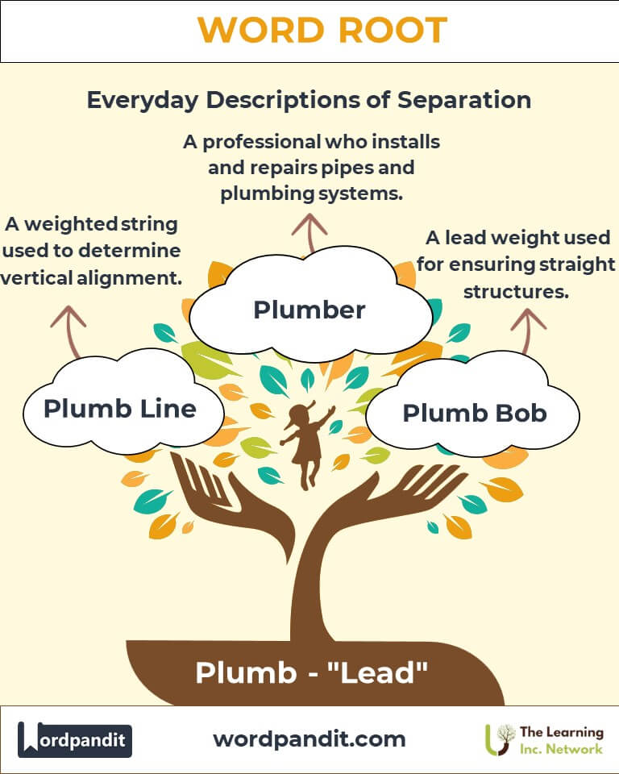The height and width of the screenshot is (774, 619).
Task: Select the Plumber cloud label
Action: tap(309, 310)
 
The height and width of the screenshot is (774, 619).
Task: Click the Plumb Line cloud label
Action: tap(120, 409)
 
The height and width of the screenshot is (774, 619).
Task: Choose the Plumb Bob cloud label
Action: tap(475, 414)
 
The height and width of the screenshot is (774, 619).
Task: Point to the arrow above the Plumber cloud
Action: tap(308, 229)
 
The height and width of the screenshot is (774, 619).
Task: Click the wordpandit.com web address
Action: tap(309, 739)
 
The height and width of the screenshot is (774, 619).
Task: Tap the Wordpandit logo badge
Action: tap(75, 739)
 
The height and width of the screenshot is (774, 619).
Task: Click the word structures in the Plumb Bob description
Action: tap(517, 291)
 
